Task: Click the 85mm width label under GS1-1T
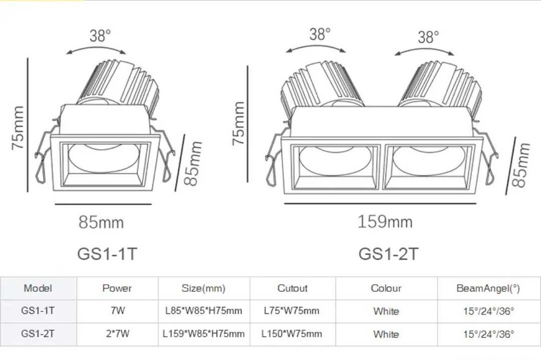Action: pos(101,222)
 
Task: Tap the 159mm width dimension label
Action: pos(385,221)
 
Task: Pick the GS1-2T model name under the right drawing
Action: pos(388,253)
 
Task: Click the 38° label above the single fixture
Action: pos(100,36)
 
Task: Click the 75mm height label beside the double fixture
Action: pos(238,123)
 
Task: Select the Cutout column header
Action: pos(292,289)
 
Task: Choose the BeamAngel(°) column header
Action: pos(488,289)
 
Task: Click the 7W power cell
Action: pos(117,311)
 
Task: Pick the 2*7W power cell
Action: pos(117,334)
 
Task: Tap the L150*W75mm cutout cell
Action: pos(292,334)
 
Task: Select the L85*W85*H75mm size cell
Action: pos(203,311)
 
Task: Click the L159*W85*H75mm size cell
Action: pos(203,334)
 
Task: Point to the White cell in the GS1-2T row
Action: pos(386,335)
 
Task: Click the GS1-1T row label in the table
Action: pos(38,311)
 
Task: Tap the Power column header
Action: pos(117,289)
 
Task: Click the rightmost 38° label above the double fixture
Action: pos(428,37)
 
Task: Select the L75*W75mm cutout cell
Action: pos(292,311)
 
